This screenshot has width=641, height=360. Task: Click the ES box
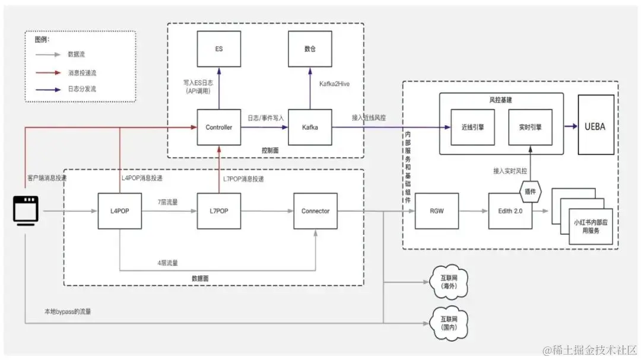219,49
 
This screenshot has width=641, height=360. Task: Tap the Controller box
219,127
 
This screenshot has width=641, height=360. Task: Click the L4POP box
120,211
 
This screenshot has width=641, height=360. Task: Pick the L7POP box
219,211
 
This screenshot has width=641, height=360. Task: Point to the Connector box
315,211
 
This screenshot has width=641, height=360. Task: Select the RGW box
437,211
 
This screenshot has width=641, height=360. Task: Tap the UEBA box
595,127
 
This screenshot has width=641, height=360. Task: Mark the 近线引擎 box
472,127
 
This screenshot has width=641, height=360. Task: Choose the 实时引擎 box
531,127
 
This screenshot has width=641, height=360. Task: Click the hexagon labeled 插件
531,190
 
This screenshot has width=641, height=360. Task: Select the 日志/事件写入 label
265,118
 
